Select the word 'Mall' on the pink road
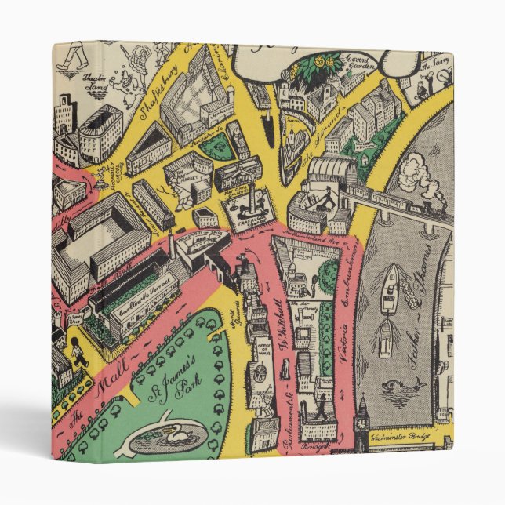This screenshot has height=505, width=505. pyautogui.click(x=104, y=383)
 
